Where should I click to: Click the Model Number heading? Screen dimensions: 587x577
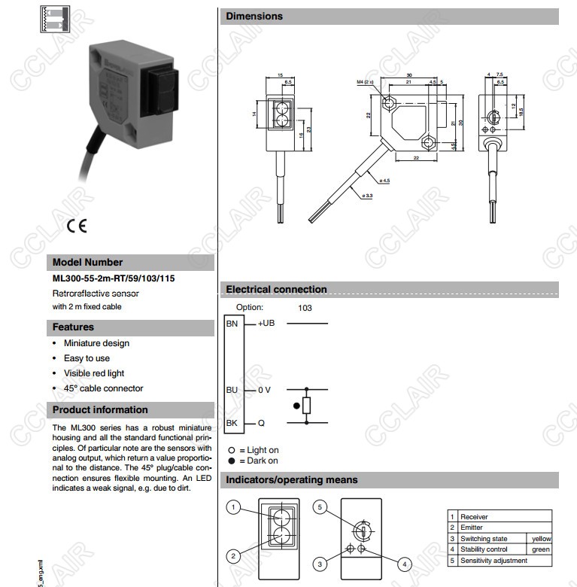pos(87,263)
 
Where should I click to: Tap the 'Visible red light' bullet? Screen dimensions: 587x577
pos(94,373)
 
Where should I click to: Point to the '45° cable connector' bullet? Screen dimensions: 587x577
pos(103,388)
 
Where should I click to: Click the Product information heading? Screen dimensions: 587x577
pos(100,410)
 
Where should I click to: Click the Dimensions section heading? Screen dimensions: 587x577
pos(254,17)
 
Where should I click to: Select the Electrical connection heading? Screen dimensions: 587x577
pos(276,289)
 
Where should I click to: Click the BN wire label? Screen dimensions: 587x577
pos(232,324)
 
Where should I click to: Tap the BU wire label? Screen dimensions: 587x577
pos(232,390)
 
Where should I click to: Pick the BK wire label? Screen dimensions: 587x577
pos(232,423)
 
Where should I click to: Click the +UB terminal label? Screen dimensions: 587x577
pos(267,324)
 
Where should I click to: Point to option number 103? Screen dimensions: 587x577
pos(305,308)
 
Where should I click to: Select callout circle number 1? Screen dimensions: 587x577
pos(234,508)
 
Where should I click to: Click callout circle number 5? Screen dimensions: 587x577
pos(320,508)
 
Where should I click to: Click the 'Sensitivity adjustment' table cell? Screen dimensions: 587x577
pos(493,561)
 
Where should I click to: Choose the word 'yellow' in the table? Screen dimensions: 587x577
pos(541,539)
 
